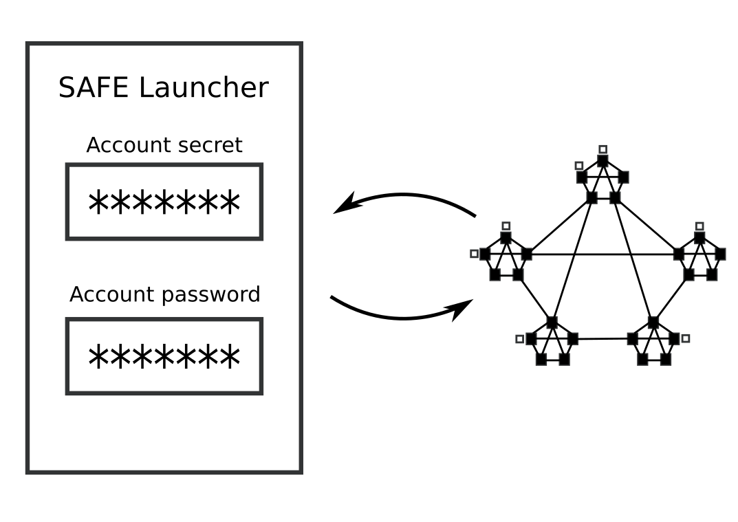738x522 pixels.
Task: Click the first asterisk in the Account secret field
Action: point(99,204)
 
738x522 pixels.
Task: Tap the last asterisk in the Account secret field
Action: point(230,204)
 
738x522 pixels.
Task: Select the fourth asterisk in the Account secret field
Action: point(164,204)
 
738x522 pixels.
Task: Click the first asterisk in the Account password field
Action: point(99,358)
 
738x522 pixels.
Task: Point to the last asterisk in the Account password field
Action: point(230,358)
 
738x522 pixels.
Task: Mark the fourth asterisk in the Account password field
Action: point(164,358)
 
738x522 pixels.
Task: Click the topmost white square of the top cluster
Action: point(603,149)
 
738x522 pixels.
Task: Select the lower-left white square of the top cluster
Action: point(579,166)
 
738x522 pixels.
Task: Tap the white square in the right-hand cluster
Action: point(699,226)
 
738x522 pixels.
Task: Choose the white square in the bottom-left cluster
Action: point(519,339)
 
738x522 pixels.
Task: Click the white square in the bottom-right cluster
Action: point(686,338)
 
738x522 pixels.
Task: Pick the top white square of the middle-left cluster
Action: point(506,226)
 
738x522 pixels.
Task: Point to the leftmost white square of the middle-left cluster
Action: point(474,254)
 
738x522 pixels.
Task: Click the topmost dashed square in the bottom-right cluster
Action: point(653,322)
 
